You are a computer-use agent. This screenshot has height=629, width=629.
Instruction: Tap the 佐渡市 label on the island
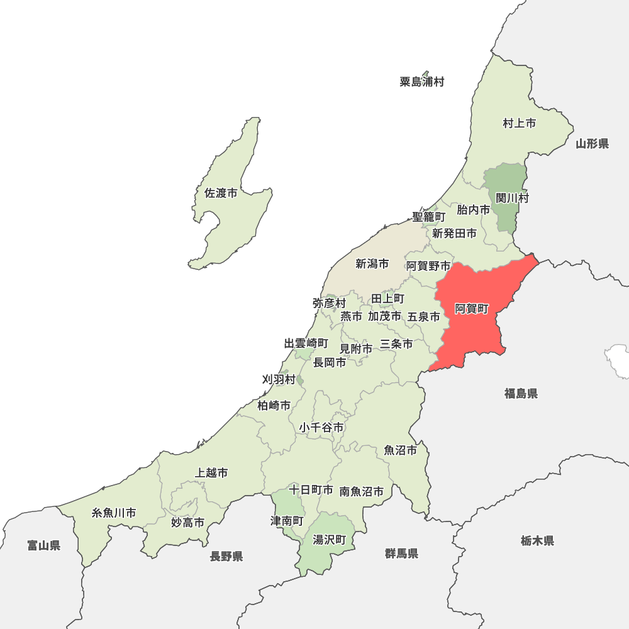pyautogui.click(x=221, y=193)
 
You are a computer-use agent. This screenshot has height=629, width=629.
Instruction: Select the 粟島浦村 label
pyautogui.click(x=422, y=82)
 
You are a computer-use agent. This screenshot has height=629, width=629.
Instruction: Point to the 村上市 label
pyautogui.click(x=520, y=123)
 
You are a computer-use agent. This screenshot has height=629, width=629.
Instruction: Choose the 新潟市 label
pyautogui.click(x=372, y=264)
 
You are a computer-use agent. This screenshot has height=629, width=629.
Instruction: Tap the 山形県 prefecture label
pyautogui.click(x=593, y=144)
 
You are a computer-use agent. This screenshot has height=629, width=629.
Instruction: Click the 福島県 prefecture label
pyautogui.click(x=521, y=394)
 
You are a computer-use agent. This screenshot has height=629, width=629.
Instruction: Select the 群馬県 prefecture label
pyautogui.click(x=402, y=554)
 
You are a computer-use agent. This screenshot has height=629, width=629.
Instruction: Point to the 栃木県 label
pyautogui.click(x=537, y=540)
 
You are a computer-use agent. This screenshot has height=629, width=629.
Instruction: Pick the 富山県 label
pyautogui.click(x=44, y=545)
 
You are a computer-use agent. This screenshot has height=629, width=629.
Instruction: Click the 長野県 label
pyautogui.click(x=226, y=556)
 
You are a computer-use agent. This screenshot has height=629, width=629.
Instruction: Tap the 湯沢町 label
pyautogui.click(x=330, y=540)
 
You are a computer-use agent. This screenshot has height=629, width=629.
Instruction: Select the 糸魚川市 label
pyautogui.click(x=114, y=513)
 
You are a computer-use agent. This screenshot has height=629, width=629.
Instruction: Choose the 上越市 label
pyautogui.click(x=212, y=472)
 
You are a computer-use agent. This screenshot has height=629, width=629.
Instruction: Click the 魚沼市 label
pyautogui.click(x=401, y=450)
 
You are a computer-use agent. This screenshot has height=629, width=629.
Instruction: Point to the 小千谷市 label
pyautogui.click(x=321, y=428)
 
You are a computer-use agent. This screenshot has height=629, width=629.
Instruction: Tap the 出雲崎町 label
pyautogui.click(x=306, y=343)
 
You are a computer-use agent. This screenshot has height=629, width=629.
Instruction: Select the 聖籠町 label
pyautogui.click(x=429, y=216)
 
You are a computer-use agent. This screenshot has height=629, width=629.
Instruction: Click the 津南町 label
pyautogui.click(x=287, y=521)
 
